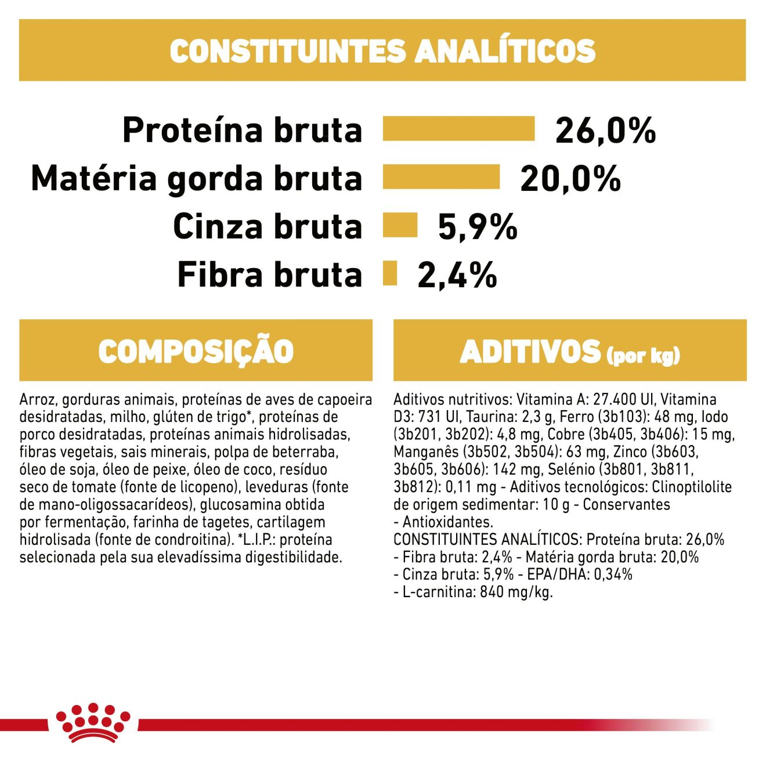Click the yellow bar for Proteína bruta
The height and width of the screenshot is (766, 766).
pos(458,129)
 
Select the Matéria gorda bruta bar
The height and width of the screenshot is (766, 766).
pos(441,177)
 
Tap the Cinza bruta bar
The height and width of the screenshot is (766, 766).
pos(400,225)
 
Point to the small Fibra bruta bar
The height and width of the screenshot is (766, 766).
pos(390,273)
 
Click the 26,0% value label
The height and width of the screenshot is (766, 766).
pos(605,130)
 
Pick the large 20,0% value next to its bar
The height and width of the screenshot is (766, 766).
pos(570,178)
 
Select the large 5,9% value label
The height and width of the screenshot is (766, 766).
pos(477,226)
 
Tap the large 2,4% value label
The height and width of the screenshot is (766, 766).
pos(457,274)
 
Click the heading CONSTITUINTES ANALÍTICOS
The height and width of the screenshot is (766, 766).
pos(382,50)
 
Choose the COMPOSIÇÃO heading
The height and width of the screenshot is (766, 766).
pos(196,351)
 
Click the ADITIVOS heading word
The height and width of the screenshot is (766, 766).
pos(530,352)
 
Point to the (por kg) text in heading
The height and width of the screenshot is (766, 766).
pos(643,355)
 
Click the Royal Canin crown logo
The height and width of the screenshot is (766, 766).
pos(93,722)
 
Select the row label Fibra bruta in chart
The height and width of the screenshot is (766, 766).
pos(269,274)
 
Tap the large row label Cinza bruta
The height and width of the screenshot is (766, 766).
pos(268,226)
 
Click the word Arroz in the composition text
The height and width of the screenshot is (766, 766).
pos(38,400)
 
